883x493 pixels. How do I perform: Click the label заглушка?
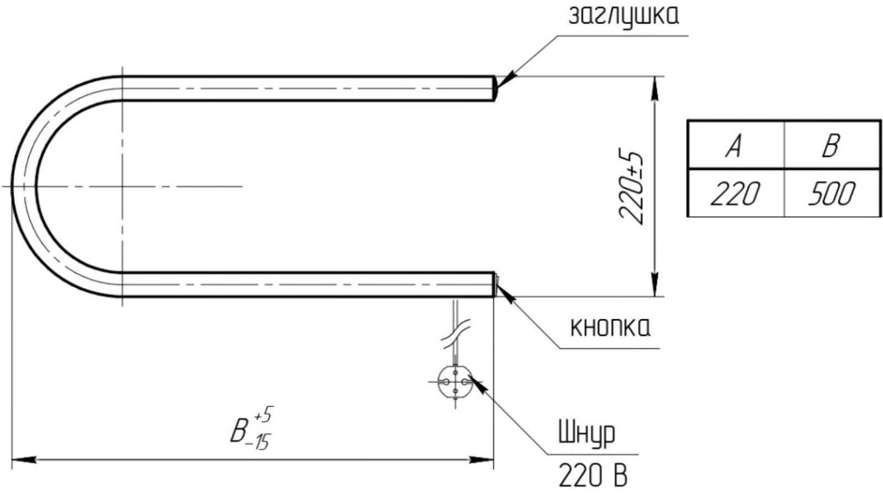click(x=623, y=17)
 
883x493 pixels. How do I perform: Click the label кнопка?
click(x=610, y=328)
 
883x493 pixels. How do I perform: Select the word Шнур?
click(x=587, y=434)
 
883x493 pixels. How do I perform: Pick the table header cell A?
click(x=735, y=144)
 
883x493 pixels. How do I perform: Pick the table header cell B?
click(x=831, y=144)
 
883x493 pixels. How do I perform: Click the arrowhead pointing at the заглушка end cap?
click(x=505, y=81)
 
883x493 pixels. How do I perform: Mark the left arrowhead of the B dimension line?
click(x=22, y=459)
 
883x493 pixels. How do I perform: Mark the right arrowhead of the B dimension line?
click(x=482, y=459)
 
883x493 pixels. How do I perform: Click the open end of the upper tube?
click(x=494, y=88)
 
